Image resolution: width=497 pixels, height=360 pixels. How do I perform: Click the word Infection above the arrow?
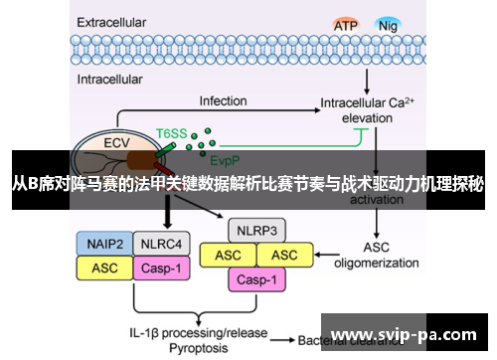[x=223, y=100]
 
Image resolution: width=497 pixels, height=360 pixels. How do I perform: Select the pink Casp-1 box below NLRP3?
[x=257, y=280]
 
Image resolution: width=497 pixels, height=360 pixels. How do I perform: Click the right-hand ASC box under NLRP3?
[x=285, y=256]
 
